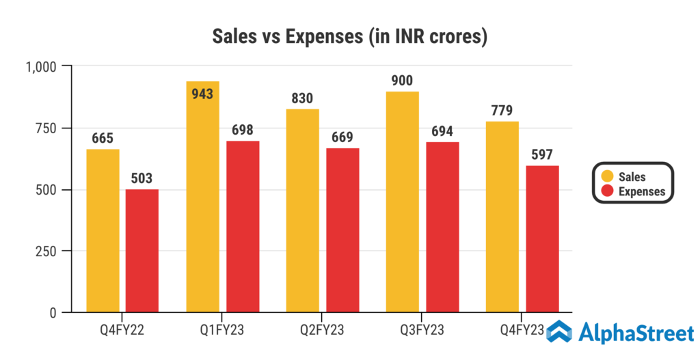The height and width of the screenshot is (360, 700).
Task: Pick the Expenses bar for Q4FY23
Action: click(x=542, y=239)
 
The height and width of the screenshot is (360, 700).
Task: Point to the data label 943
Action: click(x=202, y=94)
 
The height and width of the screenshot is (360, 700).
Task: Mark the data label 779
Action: click(x=502, y=110)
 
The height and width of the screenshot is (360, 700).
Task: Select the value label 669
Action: click(x=342, y=137)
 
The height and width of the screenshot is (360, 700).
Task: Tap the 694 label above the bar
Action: click(x=442, y=131)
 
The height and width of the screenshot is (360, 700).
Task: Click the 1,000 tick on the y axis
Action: click(x=42, y=66)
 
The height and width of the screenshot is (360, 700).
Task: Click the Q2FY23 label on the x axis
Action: click(x=323, y=331)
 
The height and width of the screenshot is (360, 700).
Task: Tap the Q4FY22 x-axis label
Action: click(x=122, y=331)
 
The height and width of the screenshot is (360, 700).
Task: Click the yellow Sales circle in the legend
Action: click(x=606, y=177)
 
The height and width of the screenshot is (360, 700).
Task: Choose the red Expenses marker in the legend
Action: click(x=606, y=191)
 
